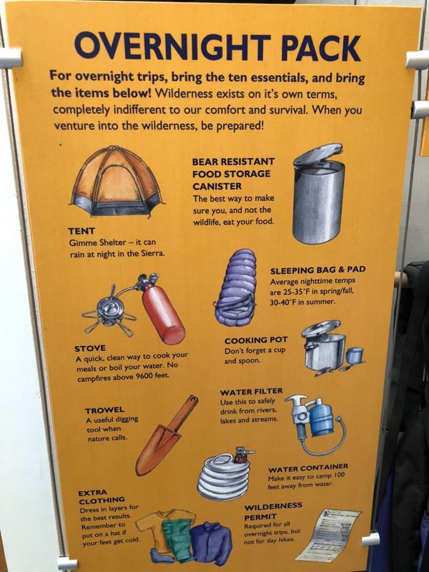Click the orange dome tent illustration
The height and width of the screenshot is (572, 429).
click(117, 182)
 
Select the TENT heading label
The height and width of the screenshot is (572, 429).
click(82, 231)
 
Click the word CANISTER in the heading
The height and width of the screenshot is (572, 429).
click(217, 187)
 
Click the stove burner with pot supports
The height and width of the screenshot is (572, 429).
click(109, 311)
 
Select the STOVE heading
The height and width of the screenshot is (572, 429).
click(90, 348)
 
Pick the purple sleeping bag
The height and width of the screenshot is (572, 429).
click(236, 287)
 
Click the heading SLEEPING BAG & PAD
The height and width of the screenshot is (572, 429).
click(317, 270)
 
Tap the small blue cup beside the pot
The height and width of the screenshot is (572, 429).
click(354, 356)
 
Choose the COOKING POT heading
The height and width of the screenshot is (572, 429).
click(256, 340)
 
